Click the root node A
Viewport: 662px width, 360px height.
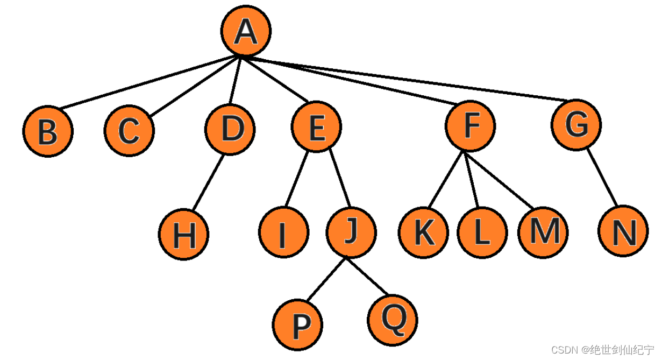246,32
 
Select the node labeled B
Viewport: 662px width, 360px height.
48,132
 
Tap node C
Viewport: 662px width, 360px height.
129,130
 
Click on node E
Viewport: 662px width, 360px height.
316,128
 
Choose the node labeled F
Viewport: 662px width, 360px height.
471,126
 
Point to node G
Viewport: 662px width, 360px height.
576,125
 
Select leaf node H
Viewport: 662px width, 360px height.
183,235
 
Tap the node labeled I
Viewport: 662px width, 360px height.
283,233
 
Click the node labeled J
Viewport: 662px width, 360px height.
351,232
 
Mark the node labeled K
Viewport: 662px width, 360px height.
423,232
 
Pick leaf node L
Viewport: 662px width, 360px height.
482,232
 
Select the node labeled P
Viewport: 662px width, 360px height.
297,324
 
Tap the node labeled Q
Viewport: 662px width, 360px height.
393,320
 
